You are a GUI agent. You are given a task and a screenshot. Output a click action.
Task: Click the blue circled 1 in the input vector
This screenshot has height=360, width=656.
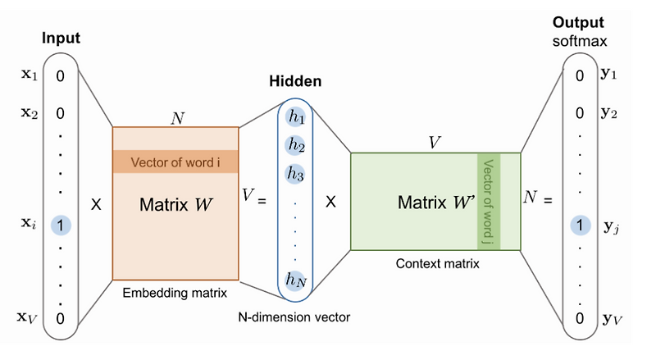61,223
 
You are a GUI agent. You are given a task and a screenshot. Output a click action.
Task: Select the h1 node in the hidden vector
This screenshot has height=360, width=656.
295,117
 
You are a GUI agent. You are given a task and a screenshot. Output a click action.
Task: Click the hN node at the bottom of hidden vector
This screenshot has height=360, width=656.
295,280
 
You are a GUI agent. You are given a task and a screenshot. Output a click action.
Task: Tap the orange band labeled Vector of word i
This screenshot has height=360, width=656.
175,161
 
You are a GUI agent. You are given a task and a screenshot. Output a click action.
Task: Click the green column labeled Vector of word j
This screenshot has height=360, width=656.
489,201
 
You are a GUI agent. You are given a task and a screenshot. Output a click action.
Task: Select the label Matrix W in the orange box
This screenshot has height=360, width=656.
175,201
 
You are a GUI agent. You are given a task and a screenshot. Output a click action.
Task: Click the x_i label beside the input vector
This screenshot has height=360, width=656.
28,223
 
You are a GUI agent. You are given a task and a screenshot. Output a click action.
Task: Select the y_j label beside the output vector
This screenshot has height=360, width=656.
610,227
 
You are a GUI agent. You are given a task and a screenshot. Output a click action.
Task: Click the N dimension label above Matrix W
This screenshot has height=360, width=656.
175,116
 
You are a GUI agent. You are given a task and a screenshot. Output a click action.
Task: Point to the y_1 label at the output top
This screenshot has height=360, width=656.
609,75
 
